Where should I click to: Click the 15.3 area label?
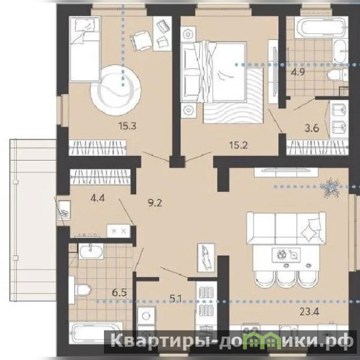point(127,126)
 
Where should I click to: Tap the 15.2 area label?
point(238,145)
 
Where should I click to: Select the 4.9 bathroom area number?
point(298,72)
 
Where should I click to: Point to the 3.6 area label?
point(312,128)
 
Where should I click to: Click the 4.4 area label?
point(98,198)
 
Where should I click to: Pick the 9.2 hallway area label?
point(155,203)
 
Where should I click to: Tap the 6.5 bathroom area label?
point(119,293)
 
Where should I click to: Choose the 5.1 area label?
point(175,299)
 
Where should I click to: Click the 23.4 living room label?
point(309,311)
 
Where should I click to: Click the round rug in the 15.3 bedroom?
point(116,90)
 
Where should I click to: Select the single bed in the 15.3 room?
point(85,49)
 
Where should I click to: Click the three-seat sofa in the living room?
point(286,228)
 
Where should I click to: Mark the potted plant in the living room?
point(331,187)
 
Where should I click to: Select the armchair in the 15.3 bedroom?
point(141,41)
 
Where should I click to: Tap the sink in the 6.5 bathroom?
point(91,251)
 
